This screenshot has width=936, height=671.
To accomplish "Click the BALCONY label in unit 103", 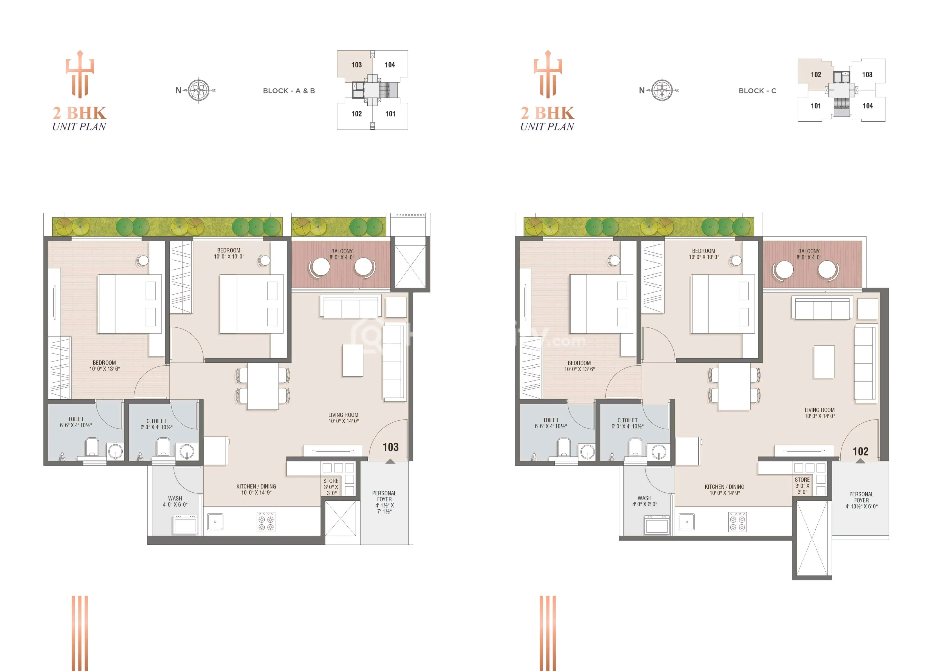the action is (342, 251).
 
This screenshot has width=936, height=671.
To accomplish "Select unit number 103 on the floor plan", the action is (390, 447).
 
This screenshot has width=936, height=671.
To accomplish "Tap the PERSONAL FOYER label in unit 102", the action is (861, 497).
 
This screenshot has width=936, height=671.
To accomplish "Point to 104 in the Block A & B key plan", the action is (389, 65).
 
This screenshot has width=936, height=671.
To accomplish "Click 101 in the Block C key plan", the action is (816, 106).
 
